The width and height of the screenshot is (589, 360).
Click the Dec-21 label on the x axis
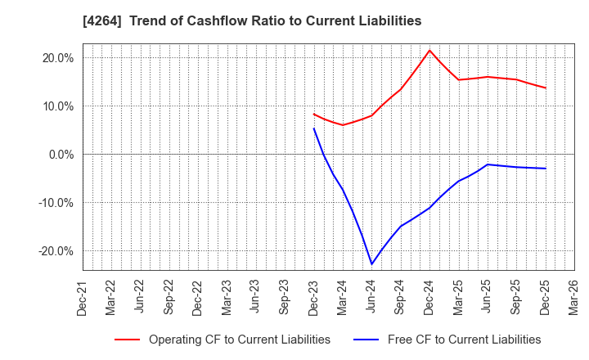pyautogui.click(x=83, y=299)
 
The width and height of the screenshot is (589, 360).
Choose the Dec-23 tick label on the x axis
pyautogui.click(x=314, y=299)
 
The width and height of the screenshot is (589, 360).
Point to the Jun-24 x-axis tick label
pyautogui.click(x=372, y=299)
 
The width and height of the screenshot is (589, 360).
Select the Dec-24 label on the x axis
pyautogui.click(x=429, y=299)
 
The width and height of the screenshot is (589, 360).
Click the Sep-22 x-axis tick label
pyautogui.click(x=169, y=299)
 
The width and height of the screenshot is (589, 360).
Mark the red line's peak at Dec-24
pyautogui.click(x=429, y=50)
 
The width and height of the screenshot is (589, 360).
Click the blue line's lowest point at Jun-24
pyautogui.click(x=372, y=264)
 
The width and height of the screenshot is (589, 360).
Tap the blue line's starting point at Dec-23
pyautogui.click(x=314, y=128)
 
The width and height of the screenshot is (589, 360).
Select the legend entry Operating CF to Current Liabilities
pyautogui.click(x=239, y=340)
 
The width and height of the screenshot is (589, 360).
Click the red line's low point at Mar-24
pyautogui.click(x=343, y=124)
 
